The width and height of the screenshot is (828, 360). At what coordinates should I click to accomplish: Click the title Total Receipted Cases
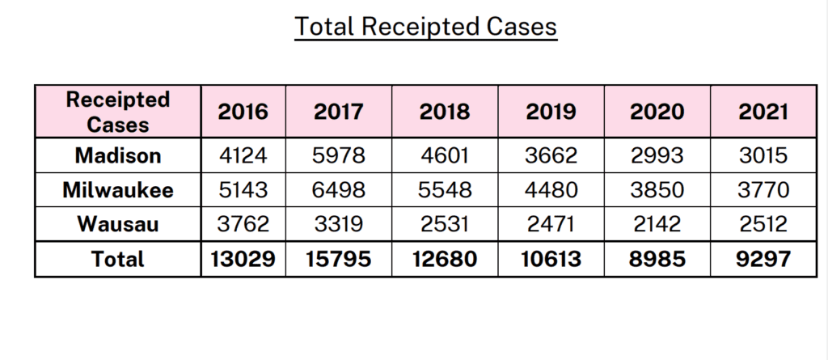coord(425,27)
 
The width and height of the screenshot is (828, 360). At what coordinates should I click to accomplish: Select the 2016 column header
coord(243,112)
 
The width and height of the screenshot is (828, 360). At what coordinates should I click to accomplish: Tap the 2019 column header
coord(551,112)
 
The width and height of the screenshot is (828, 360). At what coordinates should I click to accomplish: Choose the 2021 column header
coord(763,112)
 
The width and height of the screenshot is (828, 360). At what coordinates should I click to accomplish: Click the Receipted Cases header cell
coord(118,112)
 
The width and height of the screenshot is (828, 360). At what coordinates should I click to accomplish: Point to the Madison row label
coord(118,155)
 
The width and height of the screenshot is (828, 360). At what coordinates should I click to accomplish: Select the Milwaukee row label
coord(118,190)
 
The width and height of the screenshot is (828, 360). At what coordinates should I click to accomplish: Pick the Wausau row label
coord(118,224)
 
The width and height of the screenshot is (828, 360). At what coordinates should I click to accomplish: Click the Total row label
coord(118,259)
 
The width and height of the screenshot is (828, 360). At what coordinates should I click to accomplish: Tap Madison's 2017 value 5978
coord(339,155)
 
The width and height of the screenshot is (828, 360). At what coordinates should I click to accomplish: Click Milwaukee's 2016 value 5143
coord(243,190)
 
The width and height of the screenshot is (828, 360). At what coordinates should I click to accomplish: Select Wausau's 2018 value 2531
coord(444,224)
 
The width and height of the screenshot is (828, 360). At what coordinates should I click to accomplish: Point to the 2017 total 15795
coord(339,259)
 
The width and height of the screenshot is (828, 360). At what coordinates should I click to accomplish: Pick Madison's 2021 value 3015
coord(763,155)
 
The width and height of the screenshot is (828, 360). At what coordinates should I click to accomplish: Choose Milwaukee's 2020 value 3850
coord(657,190)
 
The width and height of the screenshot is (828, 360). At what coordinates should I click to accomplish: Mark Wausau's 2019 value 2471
coord(551,224)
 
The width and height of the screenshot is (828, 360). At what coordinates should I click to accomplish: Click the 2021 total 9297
coord(763,259)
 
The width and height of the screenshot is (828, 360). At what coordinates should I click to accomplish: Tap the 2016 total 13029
coord(243,259)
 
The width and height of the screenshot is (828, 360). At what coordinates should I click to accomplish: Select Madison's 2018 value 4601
coord(444,155)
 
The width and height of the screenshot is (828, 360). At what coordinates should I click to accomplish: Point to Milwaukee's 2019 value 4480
coord(551,190)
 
